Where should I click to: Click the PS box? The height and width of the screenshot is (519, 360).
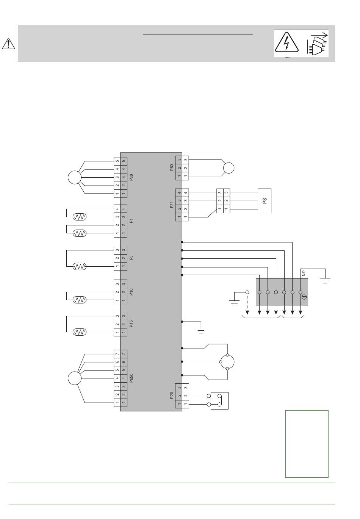[264, 201]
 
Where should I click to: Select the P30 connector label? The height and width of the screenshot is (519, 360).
[131, 177]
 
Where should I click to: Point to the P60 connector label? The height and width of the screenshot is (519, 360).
[172, 167]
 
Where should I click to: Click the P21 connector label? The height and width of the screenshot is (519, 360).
[172, 205]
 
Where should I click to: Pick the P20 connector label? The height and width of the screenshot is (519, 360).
[172, 396]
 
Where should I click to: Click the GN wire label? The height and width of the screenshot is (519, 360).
[304, 274]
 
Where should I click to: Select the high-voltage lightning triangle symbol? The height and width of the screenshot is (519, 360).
[287, 43]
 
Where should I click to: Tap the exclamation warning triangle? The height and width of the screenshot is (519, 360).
[8, 44]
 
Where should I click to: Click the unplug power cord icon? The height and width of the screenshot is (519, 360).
[318, 44]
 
